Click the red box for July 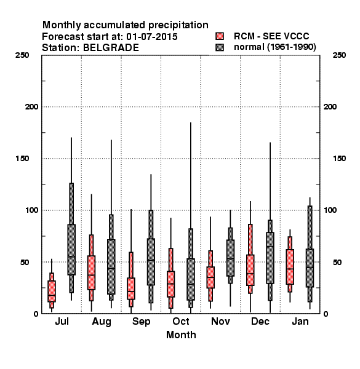(x=52, y=291)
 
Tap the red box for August (x=91, y=272)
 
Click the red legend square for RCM (x=220, y=36)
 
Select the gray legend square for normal (x=220, y=47)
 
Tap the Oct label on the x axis (x=181, y=321)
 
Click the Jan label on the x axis (x=300, y=321)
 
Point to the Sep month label (x=142, y=322)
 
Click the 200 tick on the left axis (x=31, y=107)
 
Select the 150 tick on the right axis (x=339, y=159)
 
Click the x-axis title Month (x=181, y=335)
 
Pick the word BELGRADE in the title (x=111, y=48)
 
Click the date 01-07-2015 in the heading (x=152, y=37)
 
